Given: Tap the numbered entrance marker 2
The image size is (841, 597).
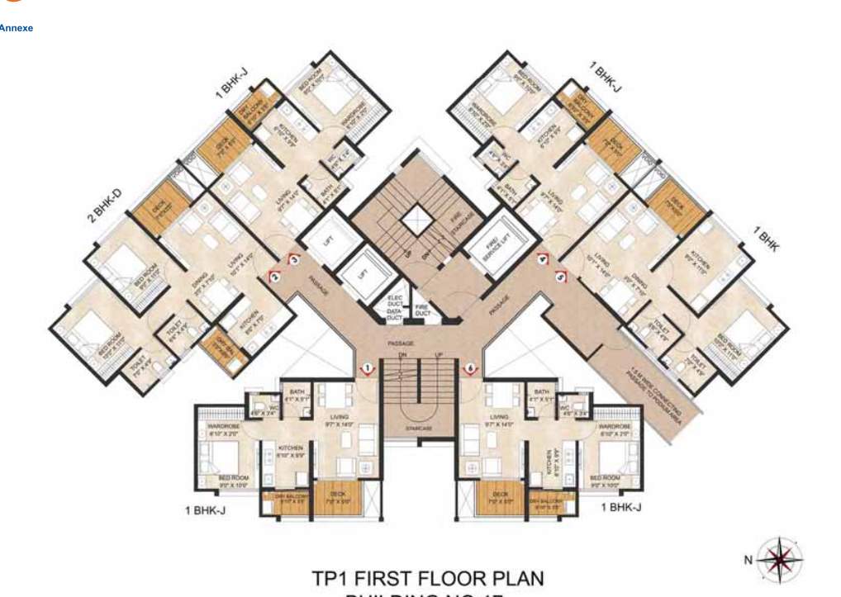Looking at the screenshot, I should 274,277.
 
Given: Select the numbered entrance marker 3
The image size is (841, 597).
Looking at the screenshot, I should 293,260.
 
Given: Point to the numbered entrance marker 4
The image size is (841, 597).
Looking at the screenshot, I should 543,259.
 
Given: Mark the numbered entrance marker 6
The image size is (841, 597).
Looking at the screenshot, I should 471,367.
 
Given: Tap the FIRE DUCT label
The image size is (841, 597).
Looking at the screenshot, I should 422,310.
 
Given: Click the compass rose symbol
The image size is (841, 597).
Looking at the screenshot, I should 777,560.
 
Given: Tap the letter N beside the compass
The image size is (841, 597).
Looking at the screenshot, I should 748,560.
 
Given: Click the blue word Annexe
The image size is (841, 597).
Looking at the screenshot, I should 17,28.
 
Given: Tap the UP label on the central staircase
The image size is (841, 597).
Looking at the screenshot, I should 439,353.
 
